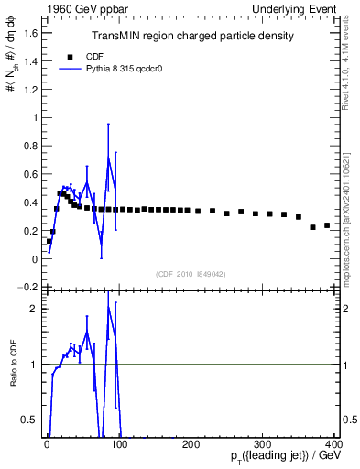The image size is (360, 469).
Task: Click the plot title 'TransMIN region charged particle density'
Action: (192, 37)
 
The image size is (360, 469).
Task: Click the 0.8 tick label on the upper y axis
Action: (31, 146)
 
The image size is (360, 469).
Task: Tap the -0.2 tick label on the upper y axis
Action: (29, 287)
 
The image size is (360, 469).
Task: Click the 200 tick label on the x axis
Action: (191, 444)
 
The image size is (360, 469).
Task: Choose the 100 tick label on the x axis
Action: (119, 444)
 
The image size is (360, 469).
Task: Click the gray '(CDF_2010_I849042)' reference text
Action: (192, 272)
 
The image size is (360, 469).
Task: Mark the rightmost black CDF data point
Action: (327, 225)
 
